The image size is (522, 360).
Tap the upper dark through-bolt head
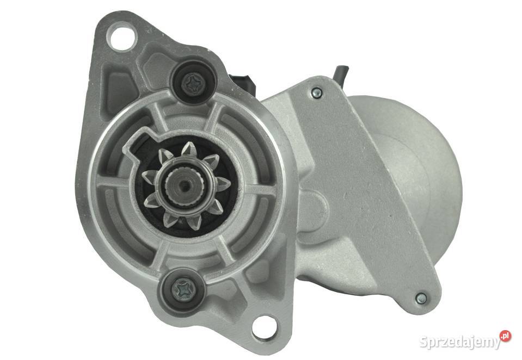(193, 81)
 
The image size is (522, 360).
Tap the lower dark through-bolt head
(183, 290)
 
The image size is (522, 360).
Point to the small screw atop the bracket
(316, 92)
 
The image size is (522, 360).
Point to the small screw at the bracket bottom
(421, 299)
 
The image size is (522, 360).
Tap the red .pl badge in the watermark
(505, 337)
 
